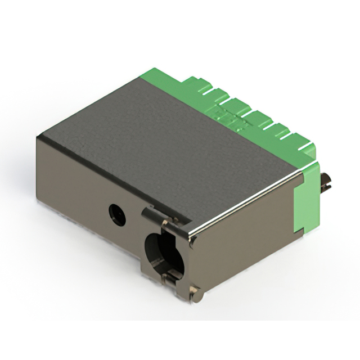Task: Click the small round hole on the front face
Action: (117, 214)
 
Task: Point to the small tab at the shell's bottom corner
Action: (195, 292)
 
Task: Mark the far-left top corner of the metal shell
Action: (37, 137)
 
